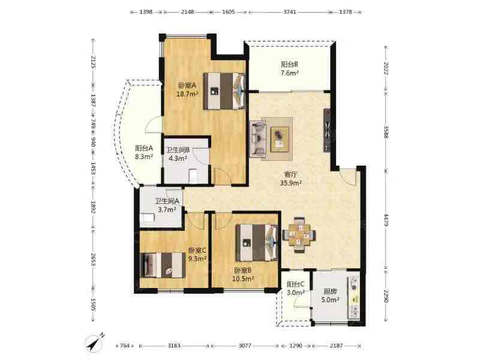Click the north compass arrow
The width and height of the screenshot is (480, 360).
tap(95, 341)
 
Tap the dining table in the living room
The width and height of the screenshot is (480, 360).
tap(299, 235)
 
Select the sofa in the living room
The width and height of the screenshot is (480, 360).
tap(257, 139)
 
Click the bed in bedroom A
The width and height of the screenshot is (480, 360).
tap(224, 91)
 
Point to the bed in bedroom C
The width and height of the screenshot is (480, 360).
tap(163, 265)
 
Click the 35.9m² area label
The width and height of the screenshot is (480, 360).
tap(291, 183)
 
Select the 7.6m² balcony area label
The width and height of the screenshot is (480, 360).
tap(290, 73)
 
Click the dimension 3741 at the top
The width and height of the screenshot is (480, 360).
tap(290, 12)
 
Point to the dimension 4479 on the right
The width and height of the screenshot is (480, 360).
tap(386, 220)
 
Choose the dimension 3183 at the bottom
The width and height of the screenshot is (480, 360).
tap(174, 346)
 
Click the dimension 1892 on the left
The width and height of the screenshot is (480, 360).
tap(94, 205)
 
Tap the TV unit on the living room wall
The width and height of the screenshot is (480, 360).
tap(327, 130)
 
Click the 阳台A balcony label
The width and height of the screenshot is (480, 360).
tap(144, 148)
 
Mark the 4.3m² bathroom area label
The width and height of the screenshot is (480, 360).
tap(178, 158)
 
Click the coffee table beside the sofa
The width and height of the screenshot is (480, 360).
tap(280, 139)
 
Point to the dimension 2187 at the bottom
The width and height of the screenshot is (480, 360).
tap(336, 346)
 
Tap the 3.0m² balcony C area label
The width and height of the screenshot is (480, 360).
tap(296, 292)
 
